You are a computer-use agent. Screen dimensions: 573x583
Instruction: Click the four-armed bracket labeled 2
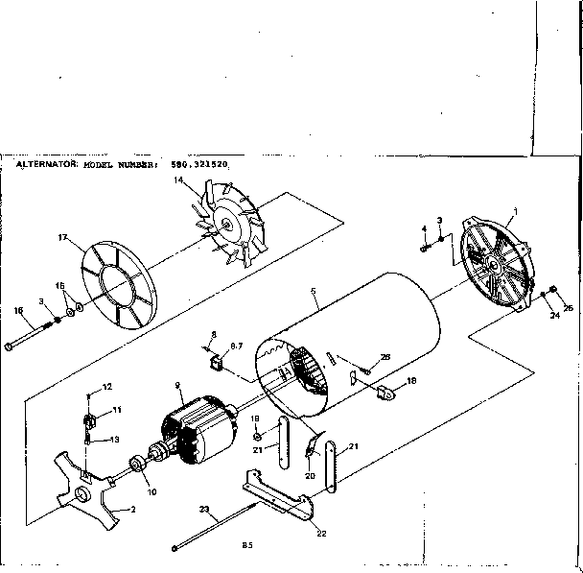tap(86, 495)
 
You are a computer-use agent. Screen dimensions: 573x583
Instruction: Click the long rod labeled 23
tap(221, 526)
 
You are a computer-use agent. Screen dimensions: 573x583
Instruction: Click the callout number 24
tap(553, 316)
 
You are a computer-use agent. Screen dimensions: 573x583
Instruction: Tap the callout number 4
tap(423, 228)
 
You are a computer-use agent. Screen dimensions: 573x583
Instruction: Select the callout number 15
tap(58, 285)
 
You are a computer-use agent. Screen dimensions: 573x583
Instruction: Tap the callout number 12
tap(107, 386)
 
